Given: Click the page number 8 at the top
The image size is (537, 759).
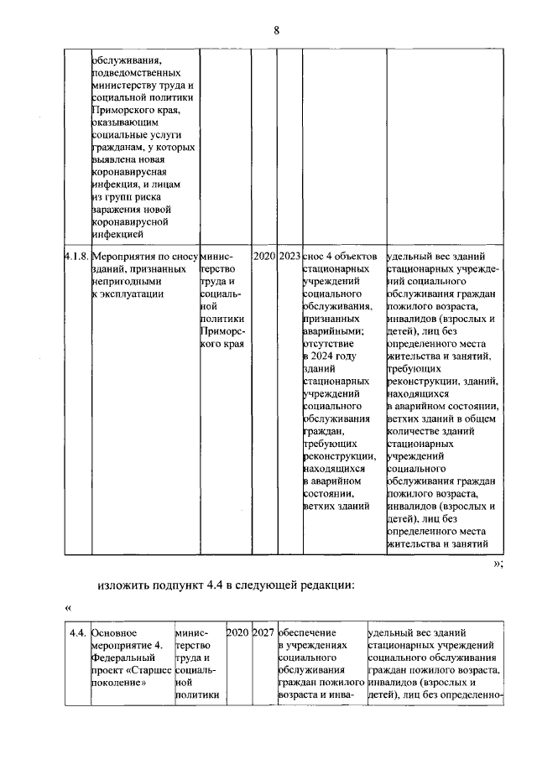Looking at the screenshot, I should [x=275, y=31].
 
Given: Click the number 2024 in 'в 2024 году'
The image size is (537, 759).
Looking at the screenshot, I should [x=322, y=356].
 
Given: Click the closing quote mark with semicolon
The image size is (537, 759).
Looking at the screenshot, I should [x=498, y=563].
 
